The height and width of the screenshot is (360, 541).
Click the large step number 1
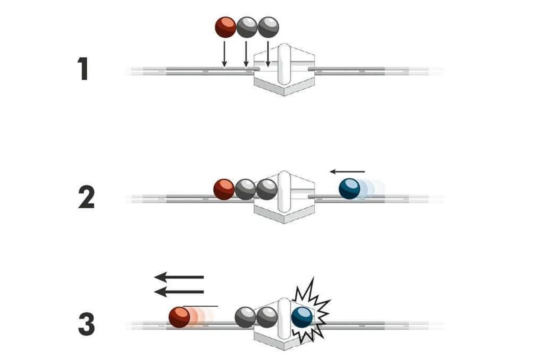pyautogui.click(x=83, y=69)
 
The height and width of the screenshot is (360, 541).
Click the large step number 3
pyautogui.click(x=86, y=324)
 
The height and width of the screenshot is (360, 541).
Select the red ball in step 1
pyautogui.click(x=225, y=27)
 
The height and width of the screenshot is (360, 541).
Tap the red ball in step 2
pyautogui.click(x=224, y=189)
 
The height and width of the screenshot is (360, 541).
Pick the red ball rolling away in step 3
pyautogui.click(x=179, y=317)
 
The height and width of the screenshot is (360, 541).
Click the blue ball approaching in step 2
pyautogui.click(x=349, y=189)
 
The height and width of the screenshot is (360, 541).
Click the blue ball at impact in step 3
pyautogui.click(x=302, y=318)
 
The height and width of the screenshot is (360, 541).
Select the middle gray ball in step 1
pyautogui.click(x=247, y=27)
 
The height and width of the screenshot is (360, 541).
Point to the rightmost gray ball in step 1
pyautogui.click(x=268, y=27)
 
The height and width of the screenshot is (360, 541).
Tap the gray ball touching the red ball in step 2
pyautogui.click(x=245, y=189)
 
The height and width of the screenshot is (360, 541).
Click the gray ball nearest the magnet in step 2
pyautogui.click(x=267, y=189)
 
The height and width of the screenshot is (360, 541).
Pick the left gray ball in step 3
pyautogui.click(x=245, y=317)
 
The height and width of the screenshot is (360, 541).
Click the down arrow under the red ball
pyautogui.click(x=224, y=54)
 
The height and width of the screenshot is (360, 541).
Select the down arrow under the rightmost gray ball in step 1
pyautogui.click(x=268, y=54)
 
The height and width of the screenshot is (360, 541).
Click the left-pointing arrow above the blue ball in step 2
pyautogui.click(x=348, y=172)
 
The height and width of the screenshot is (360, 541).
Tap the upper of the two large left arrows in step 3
pyautogui.click(x=179, y=277)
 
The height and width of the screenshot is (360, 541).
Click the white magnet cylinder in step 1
pyautogui.click(x=284, y=64)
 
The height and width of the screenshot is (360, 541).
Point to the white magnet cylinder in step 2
pyautogui.click(x=284, y=191)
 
